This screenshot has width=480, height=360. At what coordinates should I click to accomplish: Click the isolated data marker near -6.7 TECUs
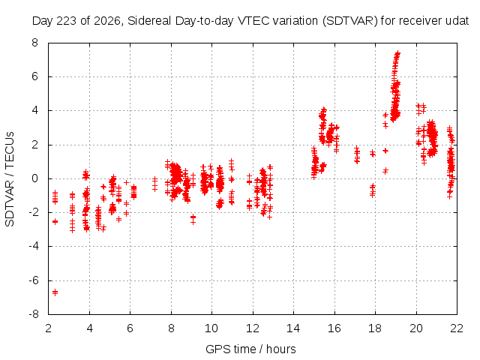coord(55,292)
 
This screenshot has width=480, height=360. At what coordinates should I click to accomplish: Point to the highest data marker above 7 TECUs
coord(397,53)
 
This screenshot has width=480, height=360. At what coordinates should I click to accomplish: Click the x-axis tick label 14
coord(293,328)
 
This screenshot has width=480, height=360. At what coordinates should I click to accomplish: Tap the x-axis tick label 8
coord(171,328)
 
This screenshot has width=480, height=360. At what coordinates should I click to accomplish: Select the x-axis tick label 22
coord(457,328)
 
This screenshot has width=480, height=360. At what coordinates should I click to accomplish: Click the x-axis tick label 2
coord(48,328)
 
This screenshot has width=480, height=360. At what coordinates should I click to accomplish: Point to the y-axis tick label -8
coord(34,314)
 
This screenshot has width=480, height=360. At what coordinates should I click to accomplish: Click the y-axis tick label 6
coord(35,76)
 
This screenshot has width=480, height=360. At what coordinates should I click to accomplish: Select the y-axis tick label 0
coord(35,178)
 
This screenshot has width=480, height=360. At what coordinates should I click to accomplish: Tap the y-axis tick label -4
coord(34,246)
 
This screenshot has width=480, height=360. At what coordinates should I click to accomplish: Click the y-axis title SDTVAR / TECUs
coord(10,179)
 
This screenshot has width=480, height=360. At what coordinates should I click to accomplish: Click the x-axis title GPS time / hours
coord(250,349)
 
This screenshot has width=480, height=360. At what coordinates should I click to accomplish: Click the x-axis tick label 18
coord(375,328)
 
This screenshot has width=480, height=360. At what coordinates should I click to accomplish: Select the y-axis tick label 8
coord(35,43)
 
